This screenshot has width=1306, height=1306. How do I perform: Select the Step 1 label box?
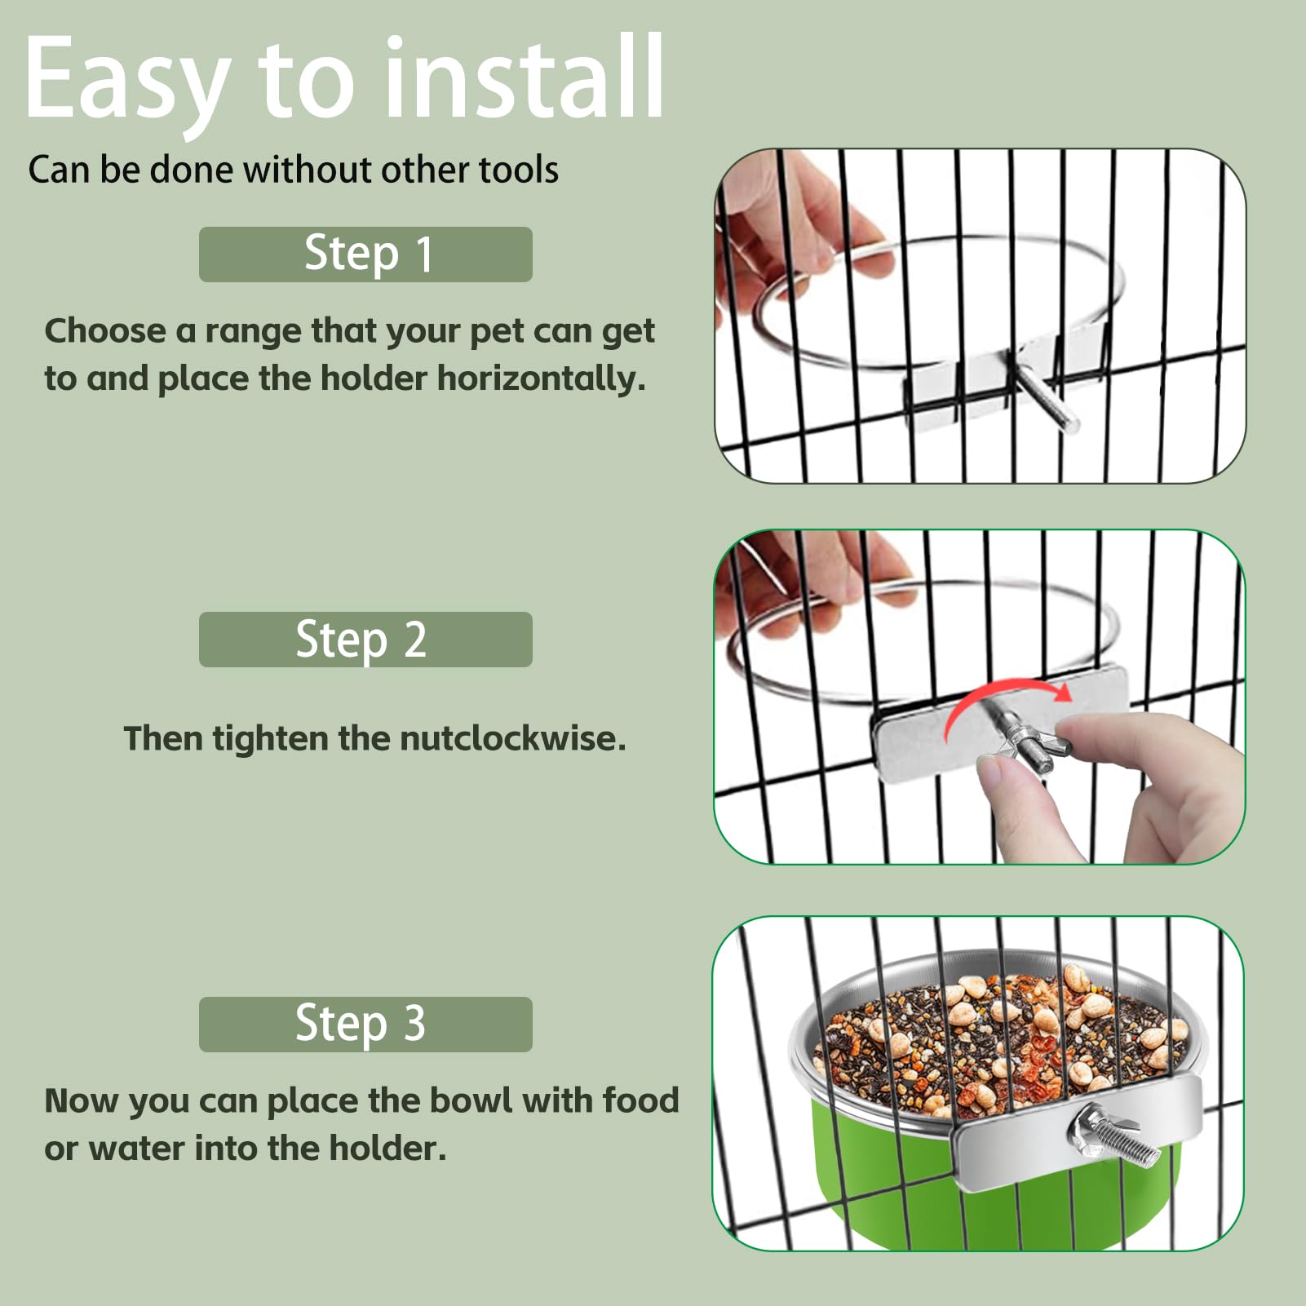[x=365, y=255]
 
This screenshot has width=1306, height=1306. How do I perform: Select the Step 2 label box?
[x=365, y=640]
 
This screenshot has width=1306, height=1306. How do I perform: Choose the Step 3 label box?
[x=365, y=1024]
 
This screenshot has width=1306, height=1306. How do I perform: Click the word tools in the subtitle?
[x=518, y=170]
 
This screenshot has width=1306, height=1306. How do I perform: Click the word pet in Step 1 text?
[x=492, y=332]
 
